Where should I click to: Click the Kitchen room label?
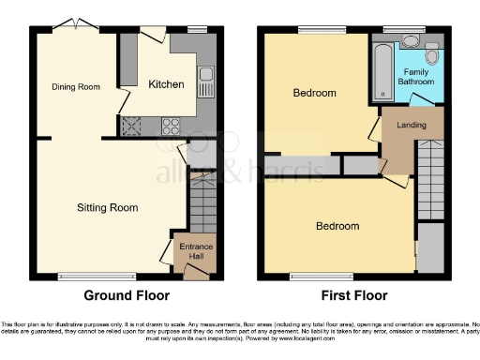tap(166, 84)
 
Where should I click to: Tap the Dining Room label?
tap(75, 87)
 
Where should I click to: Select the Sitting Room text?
tap(107, 207)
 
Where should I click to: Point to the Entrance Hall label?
tap(196, 251)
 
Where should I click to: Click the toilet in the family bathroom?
tap(431, 52)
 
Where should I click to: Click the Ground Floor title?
tap(127, 295)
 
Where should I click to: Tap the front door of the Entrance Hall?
tap(198, 272)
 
